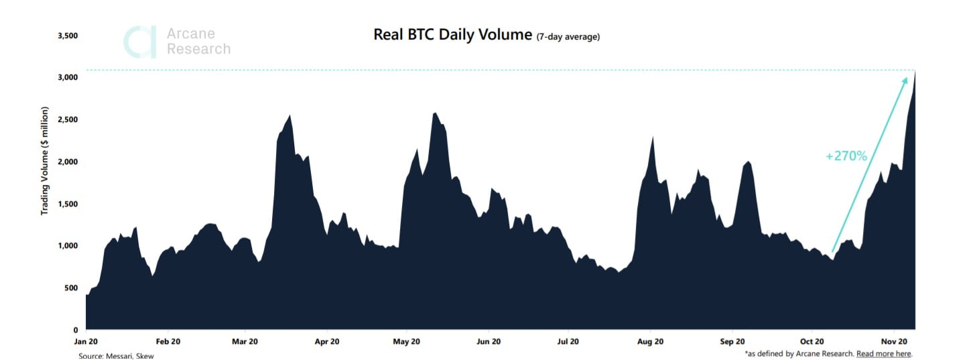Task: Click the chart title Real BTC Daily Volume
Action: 452,35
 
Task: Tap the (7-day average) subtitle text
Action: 568,37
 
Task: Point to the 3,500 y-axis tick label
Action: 68,35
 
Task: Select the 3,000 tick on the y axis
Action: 68,78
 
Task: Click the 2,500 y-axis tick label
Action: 68,119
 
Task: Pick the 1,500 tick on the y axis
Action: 68,204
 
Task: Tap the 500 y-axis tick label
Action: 71,288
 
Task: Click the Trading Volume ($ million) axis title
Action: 45,160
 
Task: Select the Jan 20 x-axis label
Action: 86,341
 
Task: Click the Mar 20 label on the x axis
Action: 245,341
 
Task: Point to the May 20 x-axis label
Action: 406,341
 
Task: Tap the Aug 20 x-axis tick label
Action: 650,341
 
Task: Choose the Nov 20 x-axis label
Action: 894,341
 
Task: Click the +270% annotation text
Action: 846,156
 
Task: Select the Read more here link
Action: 884,353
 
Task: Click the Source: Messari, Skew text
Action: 116,356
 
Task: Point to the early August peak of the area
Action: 653,137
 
